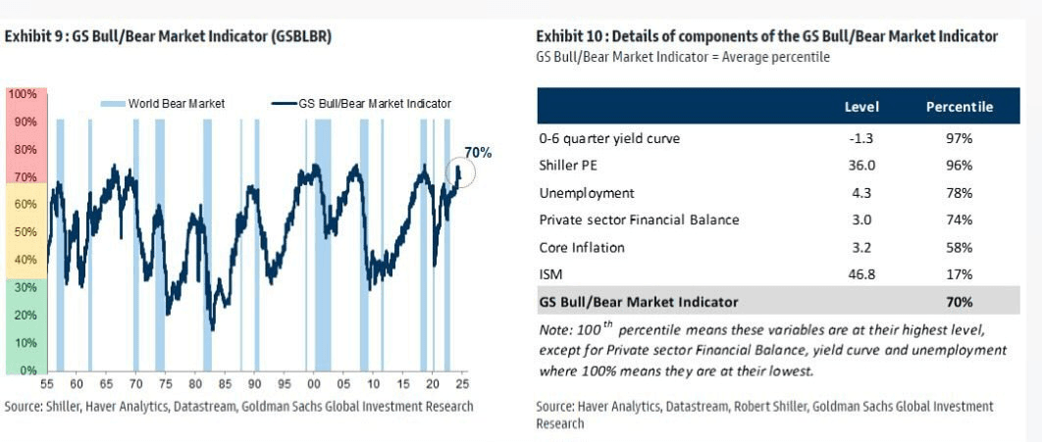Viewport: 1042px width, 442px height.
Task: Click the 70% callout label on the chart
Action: [x=478, y=153]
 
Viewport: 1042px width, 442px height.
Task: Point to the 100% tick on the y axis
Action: [x=22, y=94]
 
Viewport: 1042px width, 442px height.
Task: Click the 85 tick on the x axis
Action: [x=225, y=384]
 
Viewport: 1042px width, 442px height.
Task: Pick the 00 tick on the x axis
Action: [x=313, y=384]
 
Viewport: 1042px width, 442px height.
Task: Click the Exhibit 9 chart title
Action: [x=168, y=36]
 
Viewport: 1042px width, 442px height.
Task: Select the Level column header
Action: [x=861, y=107]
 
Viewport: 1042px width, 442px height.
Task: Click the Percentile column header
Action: [x=959, y=107]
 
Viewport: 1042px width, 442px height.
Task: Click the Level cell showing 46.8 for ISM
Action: [x=860, y=275]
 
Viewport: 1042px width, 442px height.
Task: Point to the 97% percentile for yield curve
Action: [x=958, y=138]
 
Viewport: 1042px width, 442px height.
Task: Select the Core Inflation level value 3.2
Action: [x=860, y=248]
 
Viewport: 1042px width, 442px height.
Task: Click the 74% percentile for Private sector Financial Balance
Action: [x=958, y=221]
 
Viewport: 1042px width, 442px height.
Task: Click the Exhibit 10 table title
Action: [x=766, y=36]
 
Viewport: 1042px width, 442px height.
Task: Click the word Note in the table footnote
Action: [x=555, y=329]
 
